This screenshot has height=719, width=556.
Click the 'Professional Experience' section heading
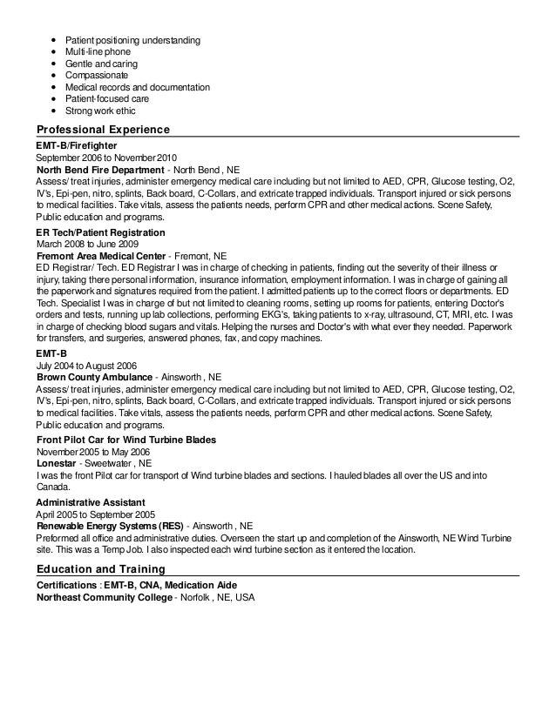(102, 130)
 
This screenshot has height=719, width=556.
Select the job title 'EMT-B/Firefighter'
(77, 144)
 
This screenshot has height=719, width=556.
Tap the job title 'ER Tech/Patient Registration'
(100, 234)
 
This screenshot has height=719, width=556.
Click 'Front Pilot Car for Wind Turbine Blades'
(126, 440)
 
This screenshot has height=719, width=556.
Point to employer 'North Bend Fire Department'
(99, 169)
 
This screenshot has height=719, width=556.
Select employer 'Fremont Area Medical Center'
(101, 258)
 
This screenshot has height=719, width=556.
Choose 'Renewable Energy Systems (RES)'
(110, 527)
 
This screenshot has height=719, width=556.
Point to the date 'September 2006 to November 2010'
(105, 157)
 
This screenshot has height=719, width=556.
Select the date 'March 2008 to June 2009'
(86, 246)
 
